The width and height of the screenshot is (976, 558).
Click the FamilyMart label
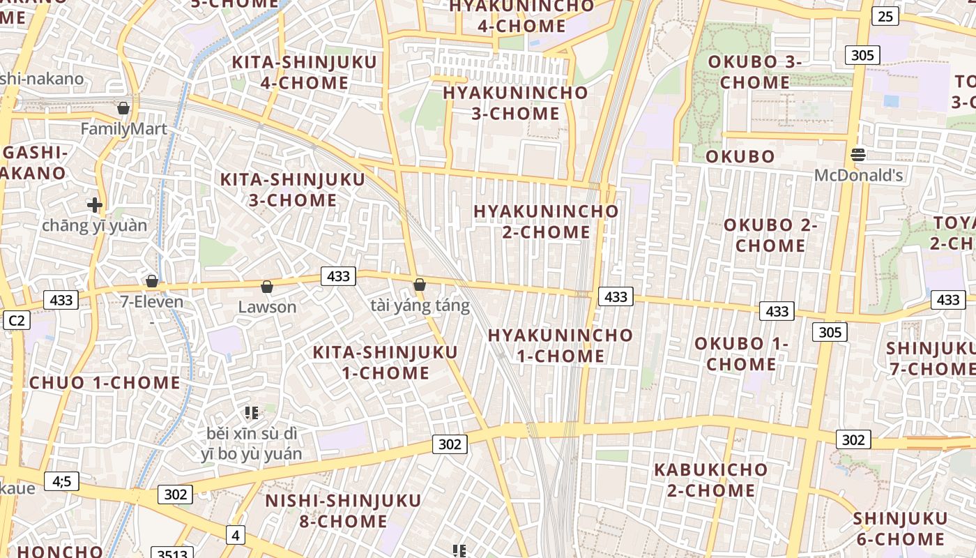pos(124,129)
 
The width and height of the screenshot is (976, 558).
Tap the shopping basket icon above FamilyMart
pos(123,108)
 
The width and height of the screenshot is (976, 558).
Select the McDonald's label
pos(858,175)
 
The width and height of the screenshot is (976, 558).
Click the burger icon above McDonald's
pos(858,154)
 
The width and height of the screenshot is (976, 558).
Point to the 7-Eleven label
pos(152,302)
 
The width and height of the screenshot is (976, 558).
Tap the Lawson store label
pos(267,307)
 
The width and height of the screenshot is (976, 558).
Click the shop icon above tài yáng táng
pos(420,285)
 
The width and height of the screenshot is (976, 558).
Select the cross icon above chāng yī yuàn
pos(95,205)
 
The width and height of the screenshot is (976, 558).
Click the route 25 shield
pos(884,15)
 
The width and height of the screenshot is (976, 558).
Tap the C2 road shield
pos(16,320)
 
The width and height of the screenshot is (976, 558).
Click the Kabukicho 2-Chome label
pos(710,480)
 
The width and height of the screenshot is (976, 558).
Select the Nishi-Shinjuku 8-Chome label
pos(343,511)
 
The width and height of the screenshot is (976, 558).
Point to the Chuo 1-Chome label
pos(105,382)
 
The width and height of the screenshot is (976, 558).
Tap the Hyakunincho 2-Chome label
pos(546,221)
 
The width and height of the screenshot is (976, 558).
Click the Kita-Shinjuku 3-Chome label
pos(293,190)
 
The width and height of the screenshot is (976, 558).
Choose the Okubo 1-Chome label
pos(741,354)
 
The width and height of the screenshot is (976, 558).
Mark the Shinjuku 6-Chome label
pos(900,529)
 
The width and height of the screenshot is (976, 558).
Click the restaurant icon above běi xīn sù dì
pos(252,413)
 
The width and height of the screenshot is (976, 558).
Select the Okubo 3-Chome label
pos(755,72)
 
